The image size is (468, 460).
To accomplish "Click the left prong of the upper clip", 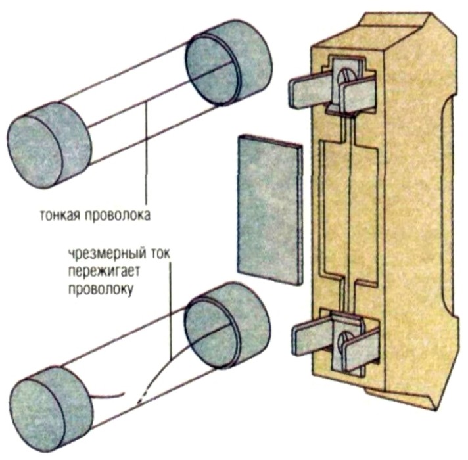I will (309, 89).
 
